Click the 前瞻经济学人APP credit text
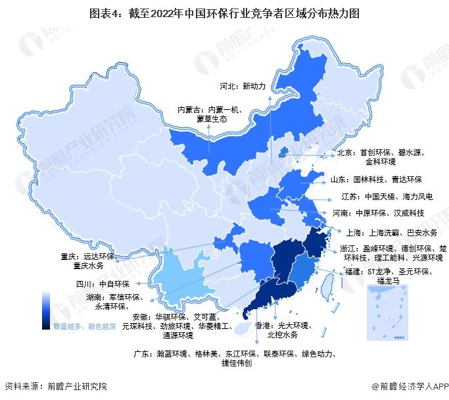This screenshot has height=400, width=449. click(x=409, y=386)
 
